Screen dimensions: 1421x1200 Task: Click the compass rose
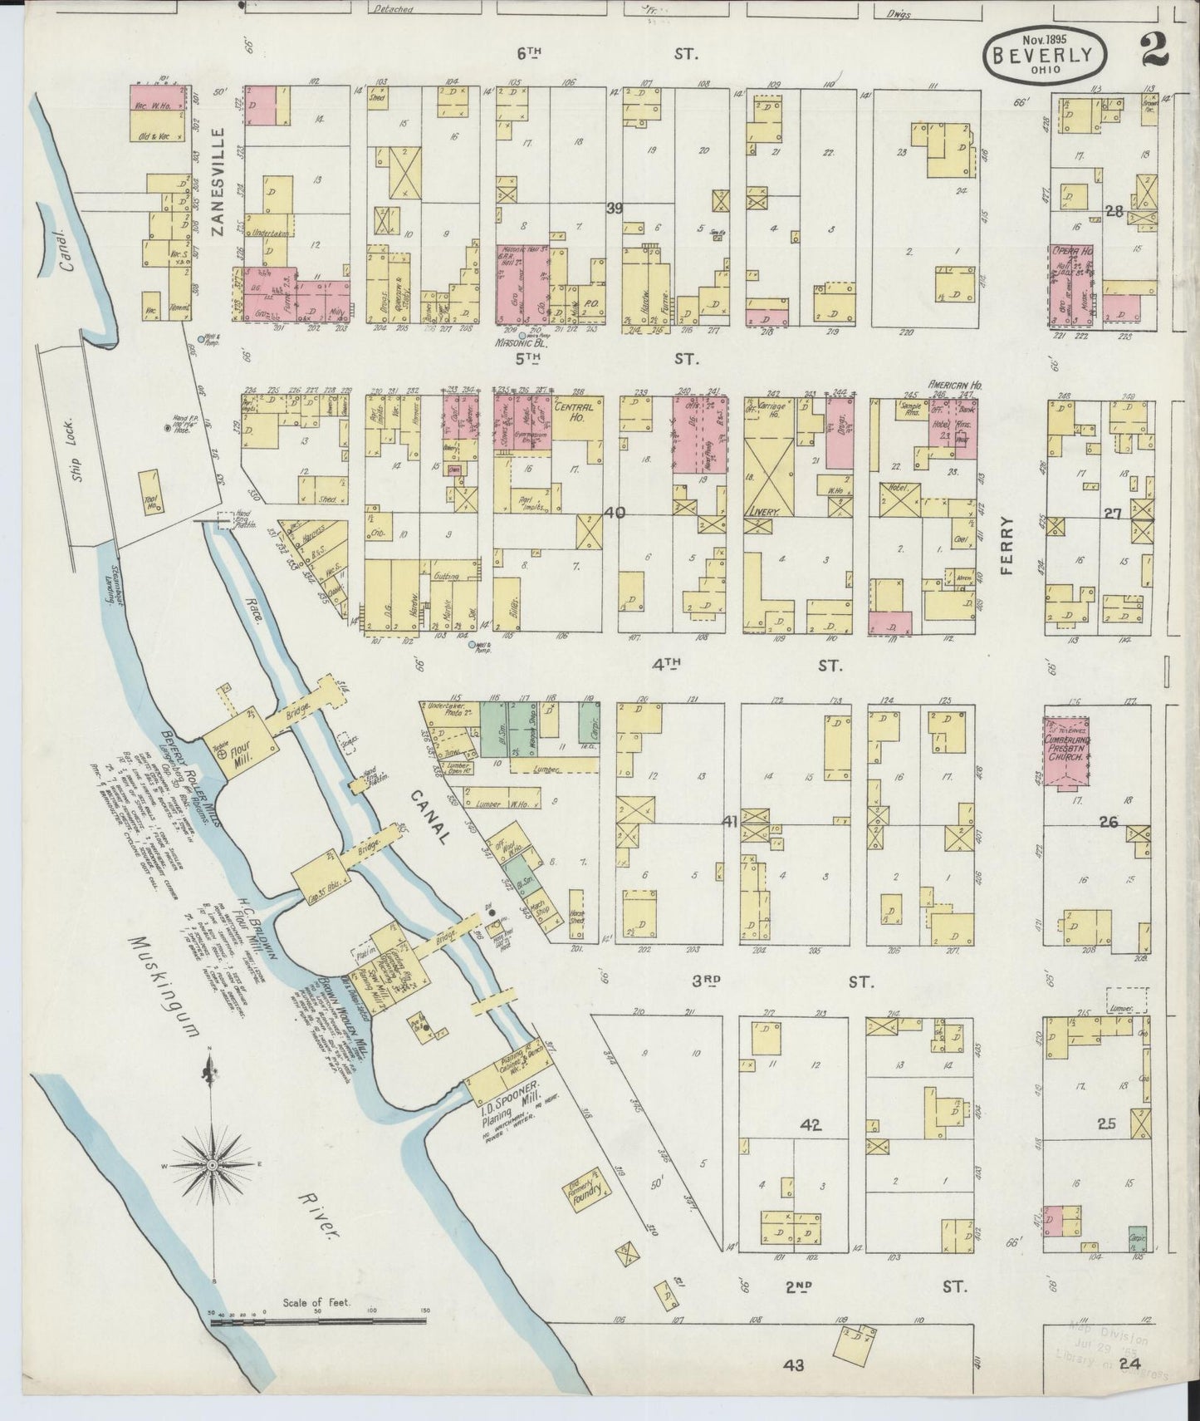(213, 1166)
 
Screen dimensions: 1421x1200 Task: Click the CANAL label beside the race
(430, 816)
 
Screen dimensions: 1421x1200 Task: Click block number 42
(810, 1126)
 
